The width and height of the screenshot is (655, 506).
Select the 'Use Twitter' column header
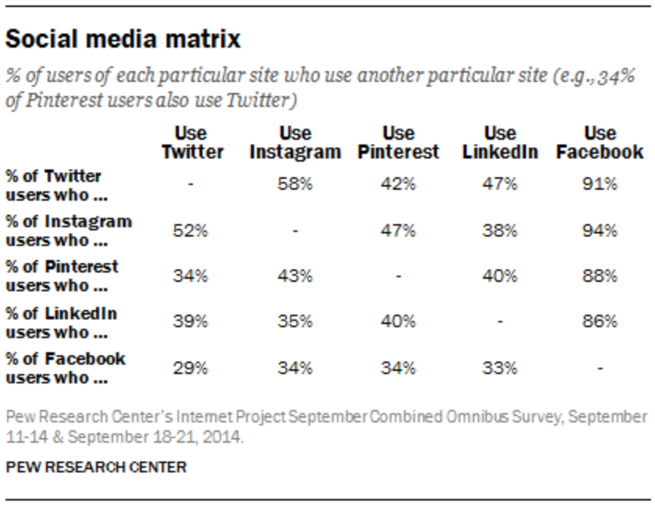192,142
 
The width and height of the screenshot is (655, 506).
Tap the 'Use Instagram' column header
295,142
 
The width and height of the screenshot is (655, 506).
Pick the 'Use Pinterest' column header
399,142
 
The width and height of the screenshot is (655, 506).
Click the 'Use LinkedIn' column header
500,142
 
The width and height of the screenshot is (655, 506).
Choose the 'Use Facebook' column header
600,142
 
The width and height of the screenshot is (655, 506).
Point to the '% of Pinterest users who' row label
62,276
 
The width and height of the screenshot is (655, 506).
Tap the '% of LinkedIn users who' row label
61,322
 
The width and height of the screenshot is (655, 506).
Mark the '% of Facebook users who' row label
66,368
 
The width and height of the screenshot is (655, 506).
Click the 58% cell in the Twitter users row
295,185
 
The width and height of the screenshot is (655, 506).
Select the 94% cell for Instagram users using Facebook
600,230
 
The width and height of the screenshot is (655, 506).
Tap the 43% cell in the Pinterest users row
295,276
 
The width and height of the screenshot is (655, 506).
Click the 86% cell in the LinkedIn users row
600,322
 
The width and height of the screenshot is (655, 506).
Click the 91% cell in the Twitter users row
600,185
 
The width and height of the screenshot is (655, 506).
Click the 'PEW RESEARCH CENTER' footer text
96,467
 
